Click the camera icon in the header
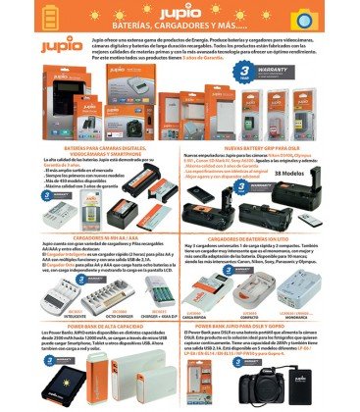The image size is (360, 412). (x=327, y=18)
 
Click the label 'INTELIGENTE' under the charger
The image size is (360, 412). (x=60, y=317)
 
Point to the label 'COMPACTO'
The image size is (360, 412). (x=249, y=317)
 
